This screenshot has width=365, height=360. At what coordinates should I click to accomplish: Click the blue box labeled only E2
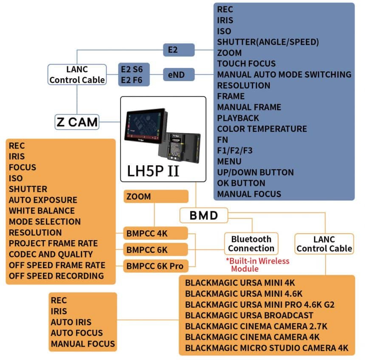[179, 50]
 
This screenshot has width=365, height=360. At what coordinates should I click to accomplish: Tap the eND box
[179, 75]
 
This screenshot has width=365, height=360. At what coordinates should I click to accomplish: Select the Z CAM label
[77, 122]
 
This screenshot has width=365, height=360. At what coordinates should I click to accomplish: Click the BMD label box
[203, 215]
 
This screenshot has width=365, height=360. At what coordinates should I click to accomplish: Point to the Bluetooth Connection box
[251, 244]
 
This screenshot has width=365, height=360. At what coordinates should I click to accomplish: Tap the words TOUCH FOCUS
[246, 64]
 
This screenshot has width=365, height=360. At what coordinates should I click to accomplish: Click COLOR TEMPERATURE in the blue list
[262, 129]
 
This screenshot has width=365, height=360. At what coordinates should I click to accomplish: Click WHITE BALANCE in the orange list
[42, 211]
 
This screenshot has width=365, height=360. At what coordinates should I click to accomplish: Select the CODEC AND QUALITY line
[51, 254]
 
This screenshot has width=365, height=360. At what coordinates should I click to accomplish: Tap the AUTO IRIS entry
[71, 322]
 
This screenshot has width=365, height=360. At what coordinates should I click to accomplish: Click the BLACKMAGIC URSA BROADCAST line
[249, 315]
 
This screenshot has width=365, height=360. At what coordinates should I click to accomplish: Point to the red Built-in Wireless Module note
[257, 265]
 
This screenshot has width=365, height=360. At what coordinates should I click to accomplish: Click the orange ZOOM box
[156, 196]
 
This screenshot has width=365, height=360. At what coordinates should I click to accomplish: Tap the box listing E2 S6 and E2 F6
[134, 74]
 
